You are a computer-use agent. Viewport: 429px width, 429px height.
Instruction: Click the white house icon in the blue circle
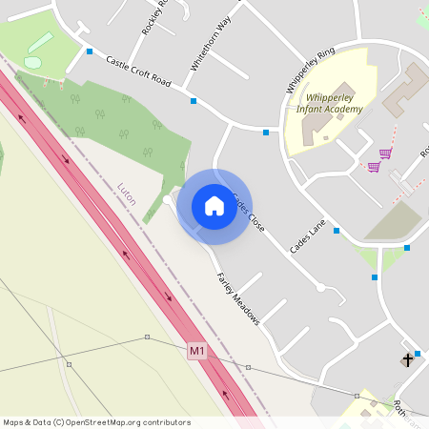(x=214, y=206)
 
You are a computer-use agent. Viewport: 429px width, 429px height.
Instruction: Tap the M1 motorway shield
(x=197, y=351)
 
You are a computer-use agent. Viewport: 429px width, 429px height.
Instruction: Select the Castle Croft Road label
(x=138, y=71)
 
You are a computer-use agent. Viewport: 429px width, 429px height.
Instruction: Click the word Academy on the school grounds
(x=345, y=110)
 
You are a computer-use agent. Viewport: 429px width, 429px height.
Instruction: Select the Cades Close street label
(x=247, y=214)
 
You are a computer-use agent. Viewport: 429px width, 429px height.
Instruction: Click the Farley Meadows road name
(x=237, y=298)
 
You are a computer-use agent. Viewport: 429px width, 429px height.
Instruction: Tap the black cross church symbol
(x=408, y=359)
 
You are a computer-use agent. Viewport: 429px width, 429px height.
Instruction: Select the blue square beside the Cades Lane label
(x=337, y=230)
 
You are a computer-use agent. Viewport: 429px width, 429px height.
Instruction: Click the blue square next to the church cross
(x=418, y=354)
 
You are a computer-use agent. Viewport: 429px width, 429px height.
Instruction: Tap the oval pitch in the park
(x=32, y=63)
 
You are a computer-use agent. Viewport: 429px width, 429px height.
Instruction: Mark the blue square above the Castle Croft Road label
(x=90, y=51)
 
